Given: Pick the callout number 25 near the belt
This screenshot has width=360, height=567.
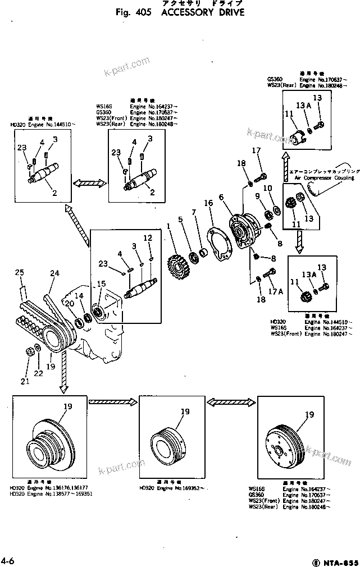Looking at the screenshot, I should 20,273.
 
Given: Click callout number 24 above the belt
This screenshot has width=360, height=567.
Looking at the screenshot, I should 54,273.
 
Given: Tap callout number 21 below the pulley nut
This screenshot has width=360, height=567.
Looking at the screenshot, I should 24,382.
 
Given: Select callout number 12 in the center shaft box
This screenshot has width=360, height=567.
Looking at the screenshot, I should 148,238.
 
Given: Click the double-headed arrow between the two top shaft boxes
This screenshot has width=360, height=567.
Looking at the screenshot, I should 89,184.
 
